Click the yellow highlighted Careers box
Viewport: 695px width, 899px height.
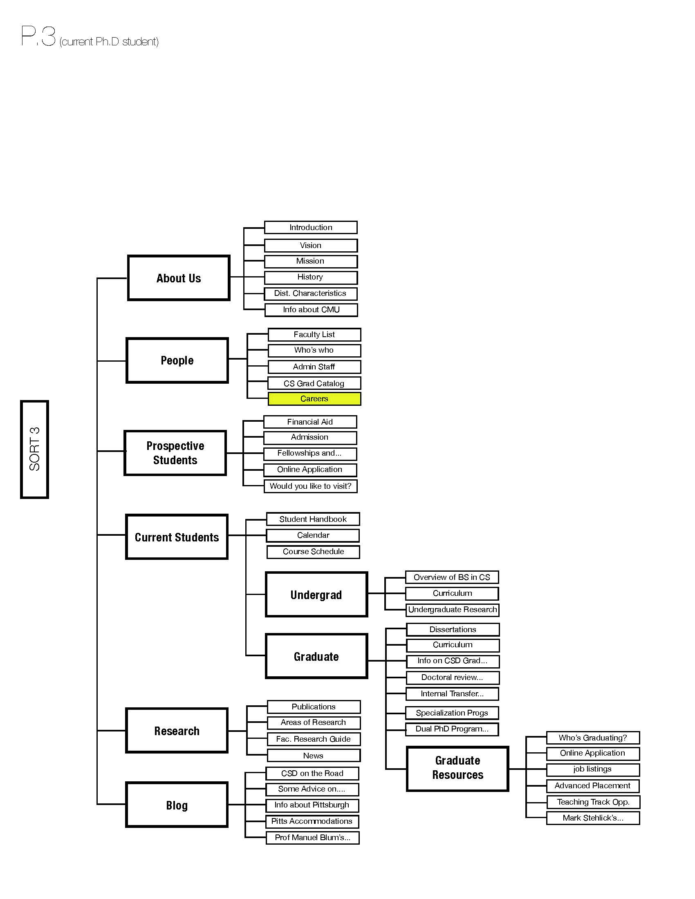[314, 398]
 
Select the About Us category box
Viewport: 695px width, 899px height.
[179, 278]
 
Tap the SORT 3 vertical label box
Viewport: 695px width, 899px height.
[35, 449]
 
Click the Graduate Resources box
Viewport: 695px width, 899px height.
[457, 769]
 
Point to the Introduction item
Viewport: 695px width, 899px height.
[311, 227]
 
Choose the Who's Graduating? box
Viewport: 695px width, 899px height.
[593, 738]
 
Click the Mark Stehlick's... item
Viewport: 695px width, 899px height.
[593, 818]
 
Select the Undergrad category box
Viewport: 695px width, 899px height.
[316, 595]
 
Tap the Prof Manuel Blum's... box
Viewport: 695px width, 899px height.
[312, 837]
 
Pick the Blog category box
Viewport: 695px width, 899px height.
[177, 805]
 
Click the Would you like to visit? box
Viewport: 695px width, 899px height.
[310, 486]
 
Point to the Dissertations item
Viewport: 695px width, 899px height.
[453, 629]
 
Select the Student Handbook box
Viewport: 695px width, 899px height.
[313, 519]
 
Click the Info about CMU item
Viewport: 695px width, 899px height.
[311, 310]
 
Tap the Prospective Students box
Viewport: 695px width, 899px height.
[175, 453]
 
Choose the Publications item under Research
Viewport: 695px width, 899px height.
[314, 707]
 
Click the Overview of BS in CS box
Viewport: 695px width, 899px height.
[452, 577]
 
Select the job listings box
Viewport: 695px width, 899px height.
[593, 769]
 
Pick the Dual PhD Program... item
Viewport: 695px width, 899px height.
[452, 729]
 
